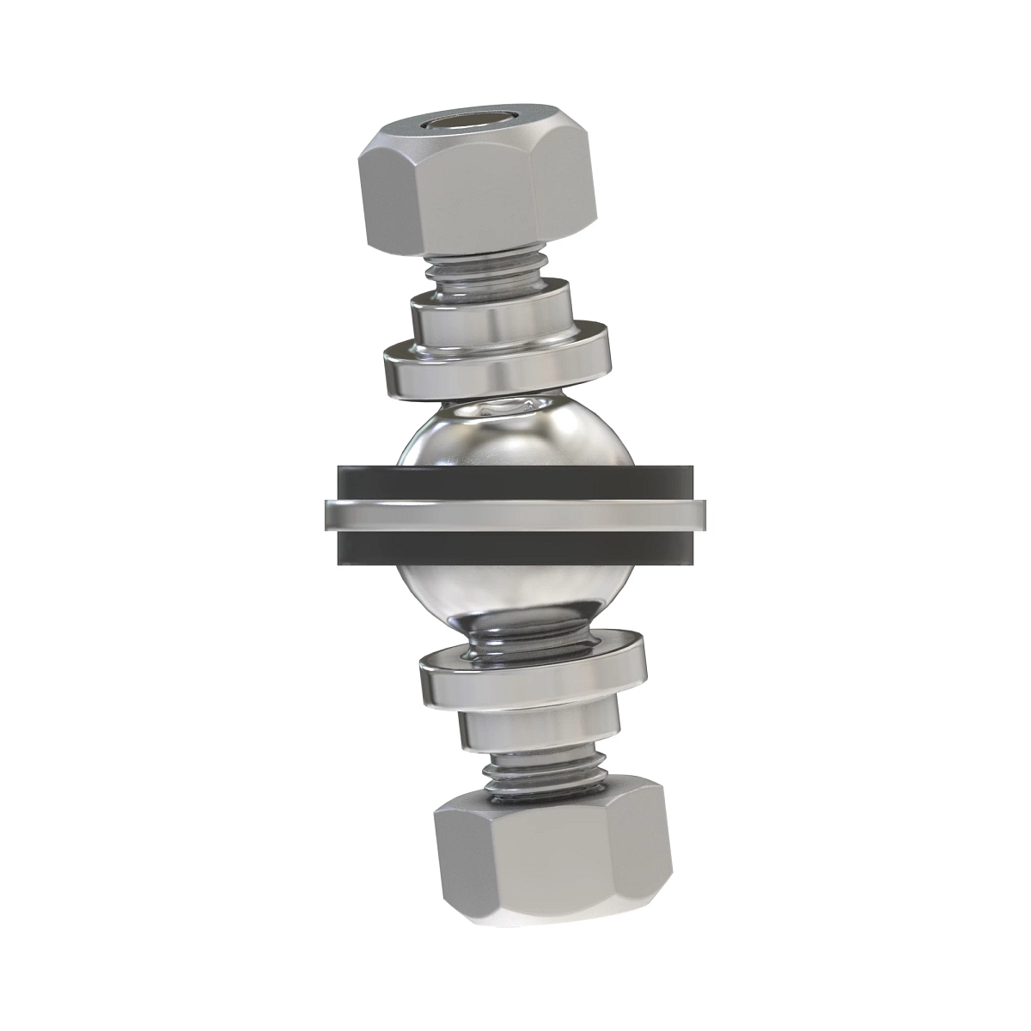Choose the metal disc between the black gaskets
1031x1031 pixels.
[x=515, y=515]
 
